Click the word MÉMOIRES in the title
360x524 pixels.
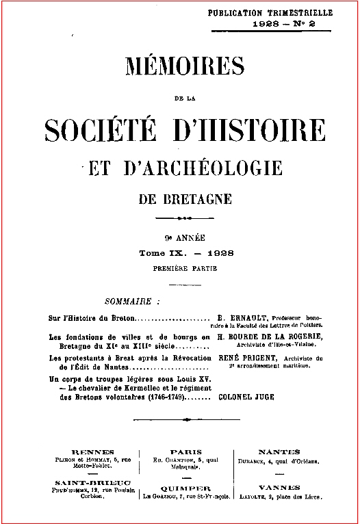185,67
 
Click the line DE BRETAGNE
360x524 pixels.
186,199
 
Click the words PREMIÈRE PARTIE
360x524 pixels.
185,269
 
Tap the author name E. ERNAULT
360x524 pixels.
242,318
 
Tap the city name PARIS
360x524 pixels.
186,452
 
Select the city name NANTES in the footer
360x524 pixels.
279,452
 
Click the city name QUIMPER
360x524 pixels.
186,488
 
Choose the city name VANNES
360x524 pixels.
279,488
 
